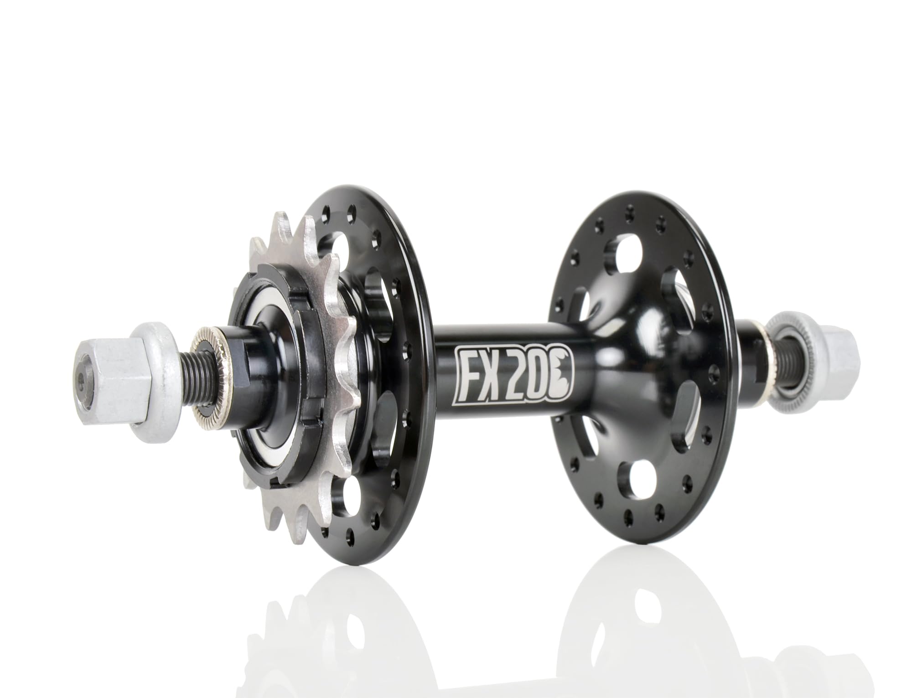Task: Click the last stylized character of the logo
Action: [x=563, y=377]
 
